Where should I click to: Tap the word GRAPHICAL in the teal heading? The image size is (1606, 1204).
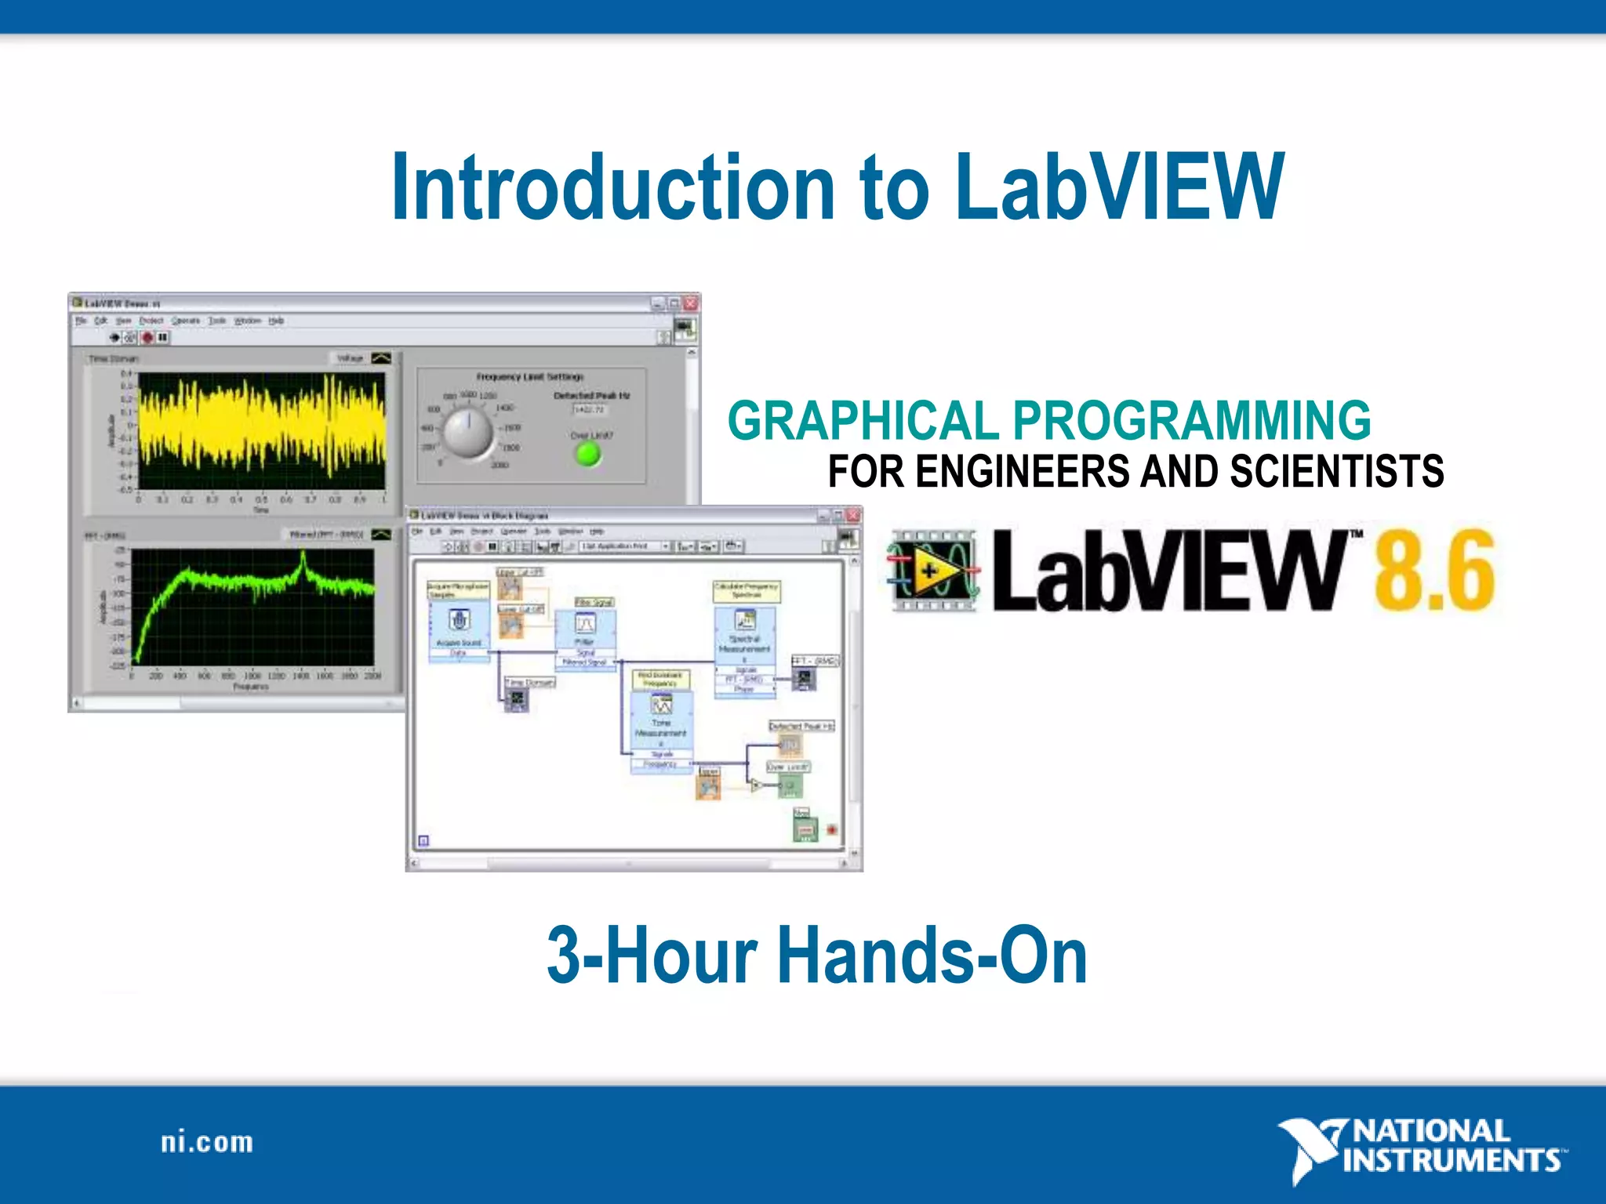click(863, 421)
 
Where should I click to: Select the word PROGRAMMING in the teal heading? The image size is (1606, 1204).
click(1192, 421)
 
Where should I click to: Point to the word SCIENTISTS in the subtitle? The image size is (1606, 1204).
click(1336, 472)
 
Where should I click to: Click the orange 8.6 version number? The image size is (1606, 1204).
click(1433, 571)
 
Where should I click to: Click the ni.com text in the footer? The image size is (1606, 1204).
click(207, 1142)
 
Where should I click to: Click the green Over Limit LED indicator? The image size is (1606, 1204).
click(588, 453)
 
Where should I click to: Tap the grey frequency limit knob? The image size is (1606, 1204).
click(468, 432)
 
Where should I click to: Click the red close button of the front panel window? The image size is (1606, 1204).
click(691, 303)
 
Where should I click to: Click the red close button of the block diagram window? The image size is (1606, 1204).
click(853, 515)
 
